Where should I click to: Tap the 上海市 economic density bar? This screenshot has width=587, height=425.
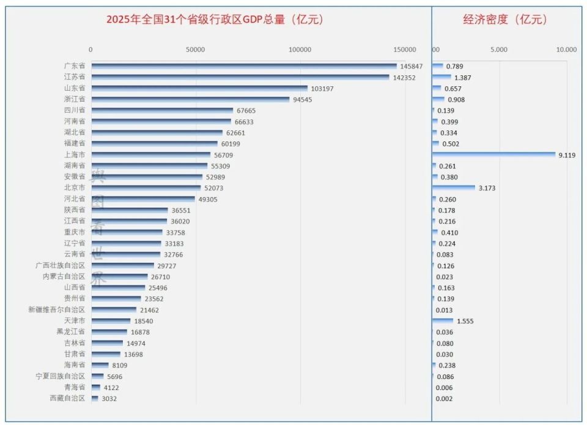click(x=493, y=155)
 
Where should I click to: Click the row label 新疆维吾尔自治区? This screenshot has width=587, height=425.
click(x=57, y=310)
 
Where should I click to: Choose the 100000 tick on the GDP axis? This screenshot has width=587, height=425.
click(x=300, y=50)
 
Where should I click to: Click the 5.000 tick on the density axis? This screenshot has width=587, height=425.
click(x=499, y=50)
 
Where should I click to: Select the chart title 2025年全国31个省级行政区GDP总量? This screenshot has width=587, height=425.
click(x=215, y=20)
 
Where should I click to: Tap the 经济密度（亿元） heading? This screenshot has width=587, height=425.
click(x=505, y=20)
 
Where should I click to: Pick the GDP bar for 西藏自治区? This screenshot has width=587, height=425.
click(x=95, y=399)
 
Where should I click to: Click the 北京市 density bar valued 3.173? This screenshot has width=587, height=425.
click(x=454, y=188)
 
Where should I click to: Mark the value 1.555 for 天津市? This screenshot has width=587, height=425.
click(x=465, y=321)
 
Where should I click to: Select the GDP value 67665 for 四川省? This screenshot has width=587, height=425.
click(x=249, y=110)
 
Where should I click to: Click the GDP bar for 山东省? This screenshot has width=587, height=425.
click(x=199, y=88)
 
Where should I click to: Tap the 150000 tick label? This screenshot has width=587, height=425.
click(x=405, y=50)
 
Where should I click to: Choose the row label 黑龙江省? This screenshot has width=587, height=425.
click(x=71, y=332)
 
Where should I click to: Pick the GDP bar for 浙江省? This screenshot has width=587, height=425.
click(x=190, y=99)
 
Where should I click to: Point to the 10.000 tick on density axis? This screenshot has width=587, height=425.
click(x=566, y=50)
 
